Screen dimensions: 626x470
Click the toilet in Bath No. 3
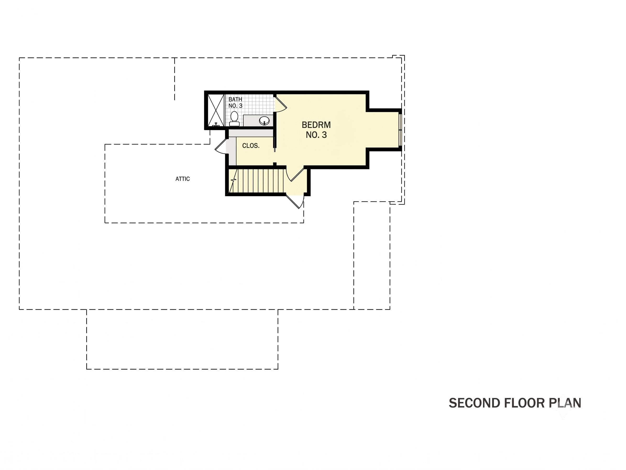234,119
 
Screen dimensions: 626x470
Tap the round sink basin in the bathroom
264,120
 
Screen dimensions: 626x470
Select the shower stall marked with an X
216,110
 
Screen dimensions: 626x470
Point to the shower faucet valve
216,125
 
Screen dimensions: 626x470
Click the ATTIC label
183,179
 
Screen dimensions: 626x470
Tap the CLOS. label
251,146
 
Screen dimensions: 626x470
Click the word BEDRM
316,125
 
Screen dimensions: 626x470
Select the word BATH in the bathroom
235,99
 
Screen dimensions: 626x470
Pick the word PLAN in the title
565,403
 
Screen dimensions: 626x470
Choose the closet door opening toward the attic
222,146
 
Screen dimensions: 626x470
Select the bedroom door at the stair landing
296,174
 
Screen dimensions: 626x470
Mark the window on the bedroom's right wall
400,130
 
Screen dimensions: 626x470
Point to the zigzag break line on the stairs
233,180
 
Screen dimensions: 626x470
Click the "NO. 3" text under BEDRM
316,135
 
